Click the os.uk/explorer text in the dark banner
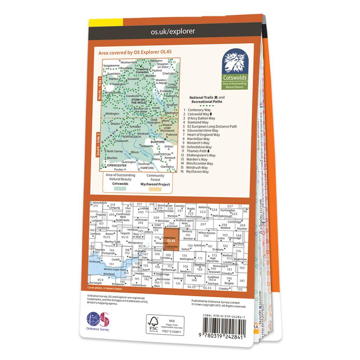[x=173, y=32]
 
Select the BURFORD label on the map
[x=157, y=142]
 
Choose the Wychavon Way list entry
[x=198, y=172]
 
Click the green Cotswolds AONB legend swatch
[x=120, y=189]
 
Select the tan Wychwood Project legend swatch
[x=155, y=189]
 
